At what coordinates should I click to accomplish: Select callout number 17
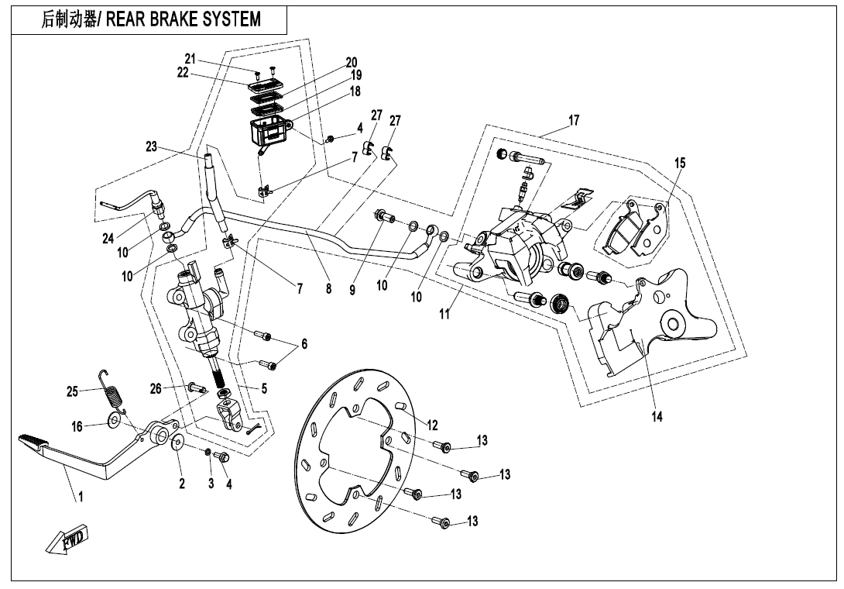click(573, 121)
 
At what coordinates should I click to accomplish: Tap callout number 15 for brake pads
click(679, 163)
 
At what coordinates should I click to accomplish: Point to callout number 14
click(657, 416)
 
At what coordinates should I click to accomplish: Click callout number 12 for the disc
click(432, 425)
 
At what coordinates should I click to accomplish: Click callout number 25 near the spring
click(73, 392)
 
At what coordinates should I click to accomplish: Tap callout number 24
click(108, 239)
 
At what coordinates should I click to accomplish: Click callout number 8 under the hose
click(328, 289)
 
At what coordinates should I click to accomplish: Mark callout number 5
click(264, 388)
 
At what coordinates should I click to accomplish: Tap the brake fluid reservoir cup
click(266, 133)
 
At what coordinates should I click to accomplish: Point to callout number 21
click(190, 60)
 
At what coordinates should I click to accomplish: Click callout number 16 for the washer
click(77, 425)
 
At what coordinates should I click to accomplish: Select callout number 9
click(352, 290)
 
